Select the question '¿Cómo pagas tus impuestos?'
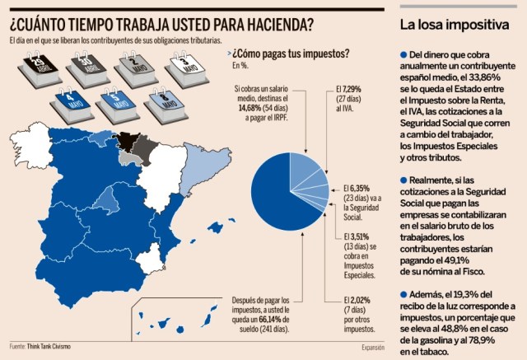(x=290, y=53)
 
